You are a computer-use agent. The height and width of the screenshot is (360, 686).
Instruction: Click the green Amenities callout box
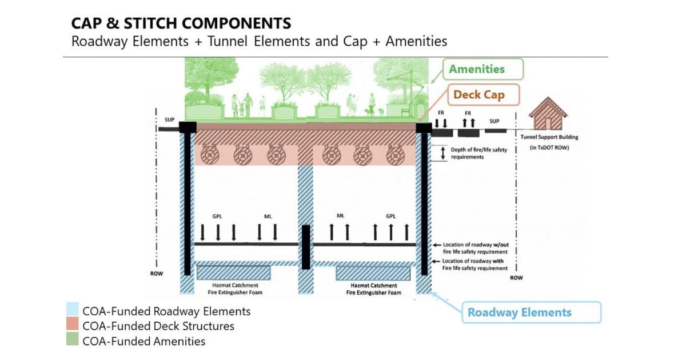point(484,69)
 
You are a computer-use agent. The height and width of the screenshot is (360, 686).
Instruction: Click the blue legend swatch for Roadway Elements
point(72,311)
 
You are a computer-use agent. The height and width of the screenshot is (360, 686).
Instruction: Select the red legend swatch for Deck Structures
point(72,326)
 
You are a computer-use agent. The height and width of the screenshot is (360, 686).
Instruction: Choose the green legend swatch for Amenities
point(72,341)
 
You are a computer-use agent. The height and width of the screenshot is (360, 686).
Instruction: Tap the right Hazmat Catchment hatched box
point(373,273)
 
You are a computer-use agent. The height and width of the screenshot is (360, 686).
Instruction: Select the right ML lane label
point(340,217)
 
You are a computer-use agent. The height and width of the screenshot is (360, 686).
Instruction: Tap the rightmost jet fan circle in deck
point(394,154)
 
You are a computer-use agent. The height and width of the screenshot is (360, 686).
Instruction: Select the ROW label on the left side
point(157,274)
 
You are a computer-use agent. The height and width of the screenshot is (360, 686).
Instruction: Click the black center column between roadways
point(306,247)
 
